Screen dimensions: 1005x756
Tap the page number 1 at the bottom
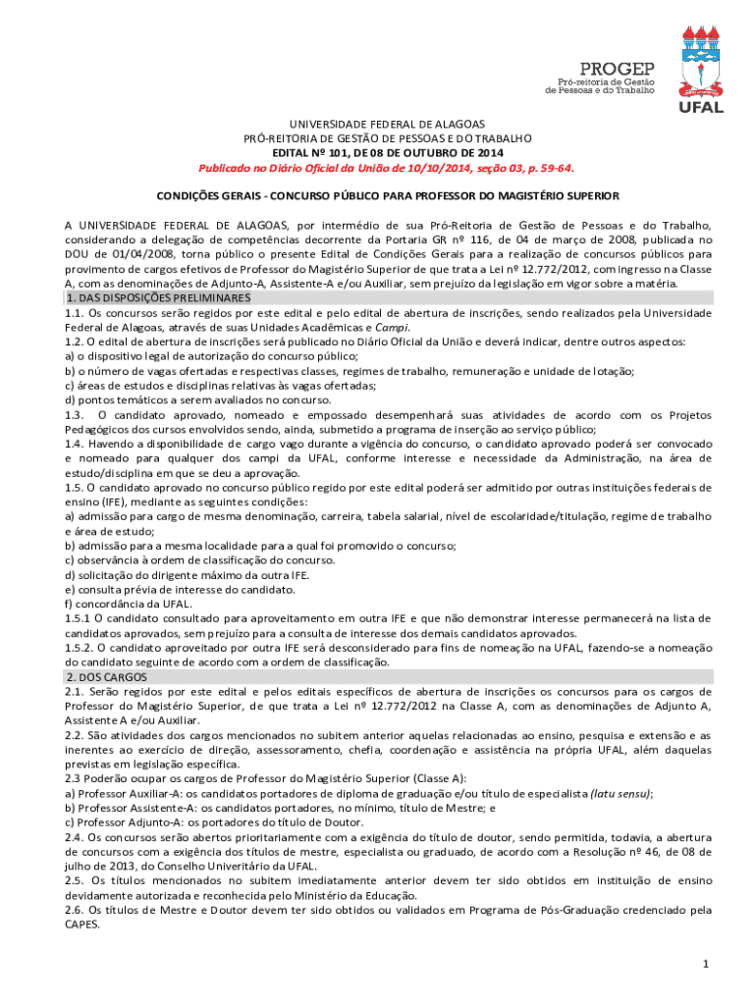point(705,964)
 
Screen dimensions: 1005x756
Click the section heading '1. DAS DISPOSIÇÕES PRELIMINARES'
point(158,297)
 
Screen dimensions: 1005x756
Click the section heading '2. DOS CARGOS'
point(106,677)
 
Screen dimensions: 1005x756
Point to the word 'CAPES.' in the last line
point(85,924)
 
